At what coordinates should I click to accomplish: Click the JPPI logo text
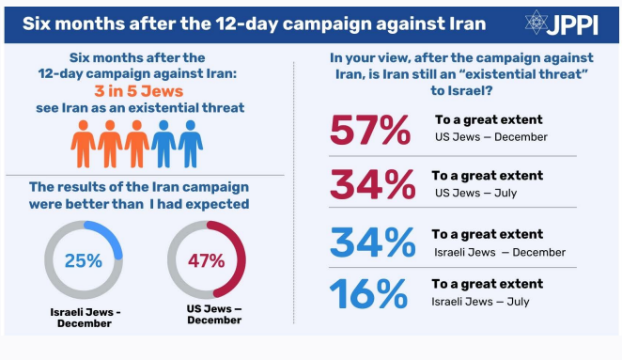coord(571,25)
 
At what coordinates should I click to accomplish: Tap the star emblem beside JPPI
coord(536,23)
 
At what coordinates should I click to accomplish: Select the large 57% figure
coord(369,130)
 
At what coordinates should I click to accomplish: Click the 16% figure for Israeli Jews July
coord(368,293)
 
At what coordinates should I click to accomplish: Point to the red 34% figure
coord(372,184)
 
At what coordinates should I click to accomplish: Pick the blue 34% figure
coord(372,243)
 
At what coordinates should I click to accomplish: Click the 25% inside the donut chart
coord(84,260)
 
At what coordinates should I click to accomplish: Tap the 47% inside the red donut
coord(207,260)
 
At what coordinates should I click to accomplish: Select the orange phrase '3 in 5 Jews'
coord(139,91)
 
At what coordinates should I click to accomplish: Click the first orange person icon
coord(83,144)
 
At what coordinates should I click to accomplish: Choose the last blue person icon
coord(191,144)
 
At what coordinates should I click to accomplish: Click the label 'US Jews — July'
coord(475,193)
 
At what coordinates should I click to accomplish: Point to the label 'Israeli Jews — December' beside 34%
coord(500,253)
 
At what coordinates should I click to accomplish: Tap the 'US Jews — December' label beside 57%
coord(491,137)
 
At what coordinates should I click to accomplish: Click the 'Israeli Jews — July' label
coord(480,302)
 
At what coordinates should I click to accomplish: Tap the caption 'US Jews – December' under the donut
coord(214,314)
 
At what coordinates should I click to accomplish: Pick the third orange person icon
coord(137,144)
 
